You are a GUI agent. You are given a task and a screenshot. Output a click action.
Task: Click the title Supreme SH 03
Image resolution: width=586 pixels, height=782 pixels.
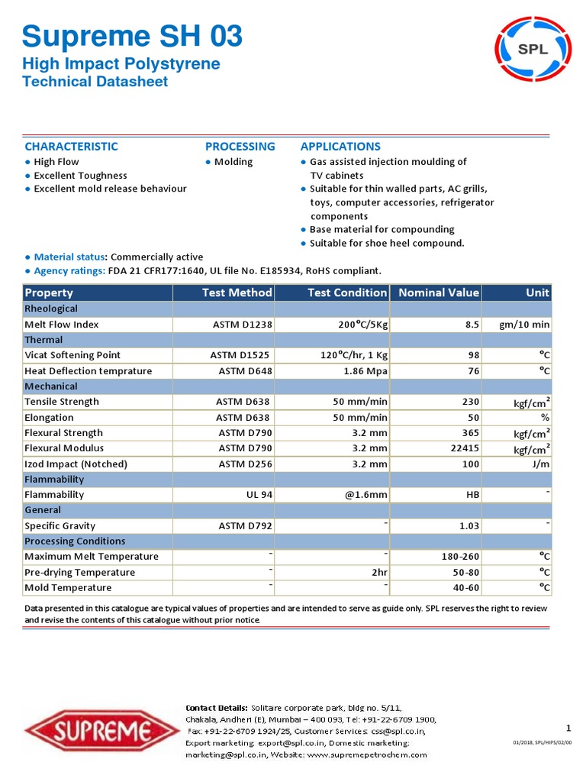(x=133, y=36)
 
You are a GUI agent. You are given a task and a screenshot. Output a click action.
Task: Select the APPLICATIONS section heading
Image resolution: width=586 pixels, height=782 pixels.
(x=340, y=147)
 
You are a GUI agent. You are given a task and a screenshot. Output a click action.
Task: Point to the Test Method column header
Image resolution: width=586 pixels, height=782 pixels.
(x=237, y=292)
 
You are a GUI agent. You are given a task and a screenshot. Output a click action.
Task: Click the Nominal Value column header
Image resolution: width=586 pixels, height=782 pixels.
(x=439, y=292)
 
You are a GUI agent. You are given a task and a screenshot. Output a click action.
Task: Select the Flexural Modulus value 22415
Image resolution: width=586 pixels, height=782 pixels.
(x=462, y=448)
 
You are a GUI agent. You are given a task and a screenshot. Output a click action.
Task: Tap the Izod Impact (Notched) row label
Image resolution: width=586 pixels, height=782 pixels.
(x=76, y=464)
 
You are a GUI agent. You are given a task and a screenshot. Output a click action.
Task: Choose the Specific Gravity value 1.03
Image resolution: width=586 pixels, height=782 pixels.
(x=468, y=525)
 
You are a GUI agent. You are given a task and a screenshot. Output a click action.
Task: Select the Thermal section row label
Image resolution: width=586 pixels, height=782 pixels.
(x=43, y=340)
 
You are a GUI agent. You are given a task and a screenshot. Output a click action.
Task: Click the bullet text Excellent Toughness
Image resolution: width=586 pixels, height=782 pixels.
(x=81, y=176)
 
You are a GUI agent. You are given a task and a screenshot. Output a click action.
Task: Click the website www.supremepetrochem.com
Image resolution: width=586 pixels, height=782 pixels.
(x=367, y=755)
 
